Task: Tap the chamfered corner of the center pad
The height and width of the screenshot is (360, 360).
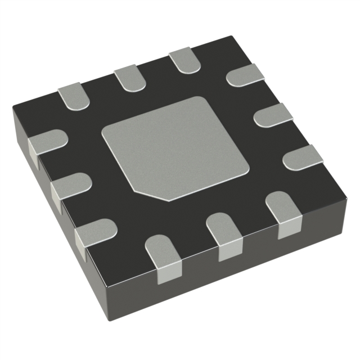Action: pyautogui.click(x=151, y=194)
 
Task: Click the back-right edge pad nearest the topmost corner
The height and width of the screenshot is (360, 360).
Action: pyautogui.click(x=246, y=74)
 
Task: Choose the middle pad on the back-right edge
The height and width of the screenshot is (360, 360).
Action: pyautogui.click(x=273, y=115)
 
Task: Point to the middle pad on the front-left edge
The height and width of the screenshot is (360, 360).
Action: pyautogui.click(x=70, y=186)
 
